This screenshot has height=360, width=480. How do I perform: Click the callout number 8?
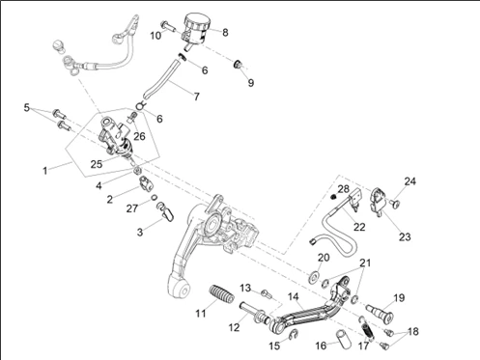tap(225, 32)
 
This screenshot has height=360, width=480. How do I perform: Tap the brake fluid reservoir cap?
tap(197, 21)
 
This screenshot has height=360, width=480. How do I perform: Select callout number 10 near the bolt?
tap(155, 36)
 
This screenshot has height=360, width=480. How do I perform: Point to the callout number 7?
tap(196, 97)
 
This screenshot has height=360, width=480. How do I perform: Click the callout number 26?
tap(139, 136)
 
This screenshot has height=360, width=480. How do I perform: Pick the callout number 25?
tap(97, 164)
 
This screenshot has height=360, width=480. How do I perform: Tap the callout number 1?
tap(45, 171)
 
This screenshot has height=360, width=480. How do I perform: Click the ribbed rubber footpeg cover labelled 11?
tap(221, 294)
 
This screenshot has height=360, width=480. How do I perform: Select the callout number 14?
tap(294, 297)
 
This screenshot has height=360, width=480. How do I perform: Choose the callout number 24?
tap(409, 181)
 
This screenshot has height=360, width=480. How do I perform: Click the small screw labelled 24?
tap(395, 204)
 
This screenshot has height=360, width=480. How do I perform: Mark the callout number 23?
tap(405, 237)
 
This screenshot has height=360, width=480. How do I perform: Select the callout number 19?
tap(399, 297)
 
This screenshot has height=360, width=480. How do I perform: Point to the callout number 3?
tap(140, 232)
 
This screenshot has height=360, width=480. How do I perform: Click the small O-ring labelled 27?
tap(155, 197)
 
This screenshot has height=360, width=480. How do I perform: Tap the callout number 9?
tap(251, 83)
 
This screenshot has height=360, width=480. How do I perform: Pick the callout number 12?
tap(234, 327)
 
